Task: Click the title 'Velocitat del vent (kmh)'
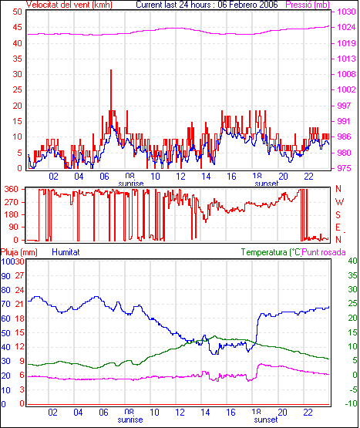click(69, 5)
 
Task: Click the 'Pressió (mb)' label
click(308, 5)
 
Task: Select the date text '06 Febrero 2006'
click(247, 5)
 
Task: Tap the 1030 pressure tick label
click(346, 12)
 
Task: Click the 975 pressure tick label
click(344, 168)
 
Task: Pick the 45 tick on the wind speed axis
click(17, 27)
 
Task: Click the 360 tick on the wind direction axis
click(12, 189)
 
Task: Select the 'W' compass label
click(339, 202)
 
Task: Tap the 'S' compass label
click(338, 215)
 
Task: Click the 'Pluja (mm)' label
click(19, 252)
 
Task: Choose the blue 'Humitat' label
click(66, 252)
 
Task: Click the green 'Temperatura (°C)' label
click(271, 252)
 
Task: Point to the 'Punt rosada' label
click(324, 252)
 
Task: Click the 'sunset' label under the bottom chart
click(265, 420)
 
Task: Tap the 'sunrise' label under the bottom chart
click(130, 420)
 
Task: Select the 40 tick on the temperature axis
click(352, 261)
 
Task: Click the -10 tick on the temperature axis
click(351, 403)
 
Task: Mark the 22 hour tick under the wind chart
click(308, 177)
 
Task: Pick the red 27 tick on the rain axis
click(19, 275)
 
